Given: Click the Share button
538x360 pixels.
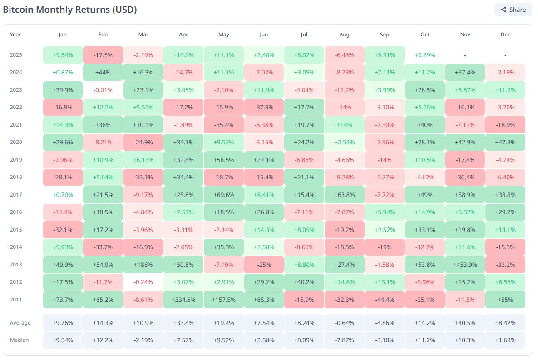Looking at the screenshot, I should [513, 10].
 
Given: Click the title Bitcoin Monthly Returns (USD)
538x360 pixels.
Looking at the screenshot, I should [70, 10].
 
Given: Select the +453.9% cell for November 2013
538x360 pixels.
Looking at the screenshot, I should [465, 265].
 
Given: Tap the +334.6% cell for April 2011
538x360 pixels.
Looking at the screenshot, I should [183, 300].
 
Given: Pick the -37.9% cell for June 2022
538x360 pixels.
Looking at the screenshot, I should [264, 107].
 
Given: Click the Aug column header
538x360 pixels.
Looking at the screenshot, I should [344, 35].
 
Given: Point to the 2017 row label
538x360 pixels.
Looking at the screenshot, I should [15, 195].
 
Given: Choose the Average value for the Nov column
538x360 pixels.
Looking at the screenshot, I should [465, 323].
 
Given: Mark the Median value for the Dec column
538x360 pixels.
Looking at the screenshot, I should [505, 340].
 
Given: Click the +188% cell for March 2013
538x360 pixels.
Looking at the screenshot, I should [143, 265].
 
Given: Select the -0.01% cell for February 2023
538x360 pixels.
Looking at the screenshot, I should [103, 90].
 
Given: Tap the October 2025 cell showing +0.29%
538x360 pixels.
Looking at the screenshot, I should [424, 55].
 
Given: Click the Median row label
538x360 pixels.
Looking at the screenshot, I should [19, 340].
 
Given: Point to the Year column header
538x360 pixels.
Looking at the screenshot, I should [15, 35].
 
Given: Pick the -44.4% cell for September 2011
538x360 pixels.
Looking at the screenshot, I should [385, 300].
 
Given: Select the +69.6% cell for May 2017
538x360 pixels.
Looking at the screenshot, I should [224, 195].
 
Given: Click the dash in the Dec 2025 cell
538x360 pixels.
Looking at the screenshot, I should [505, 55].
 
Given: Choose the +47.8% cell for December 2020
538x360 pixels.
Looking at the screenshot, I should [505, 142].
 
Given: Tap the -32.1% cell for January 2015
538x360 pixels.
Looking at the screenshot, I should [63, 230].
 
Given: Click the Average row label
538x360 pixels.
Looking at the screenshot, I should [20, 323].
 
